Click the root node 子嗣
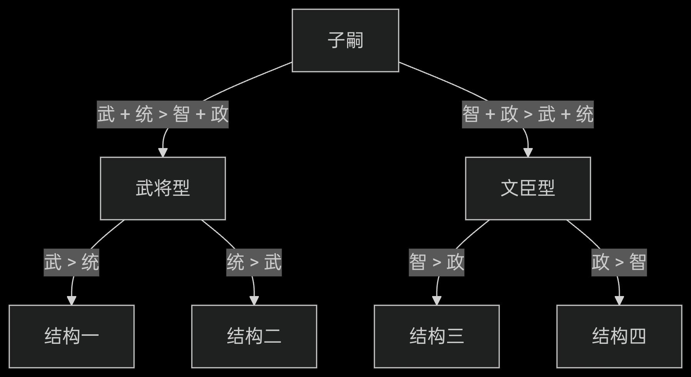(345, 40)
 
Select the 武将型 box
(163, 188)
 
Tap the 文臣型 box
(528, 188)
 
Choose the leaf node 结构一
(72, 337)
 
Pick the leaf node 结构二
(254, 337)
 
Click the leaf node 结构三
(437, 337)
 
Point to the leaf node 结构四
(619, 337)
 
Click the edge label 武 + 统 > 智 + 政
(163, 114)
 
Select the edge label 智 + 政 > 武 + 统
(528, 114)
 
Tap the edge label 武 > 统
(72, 263)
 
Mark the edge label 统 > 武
(254, 263)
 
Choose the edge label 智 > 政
(437, 263)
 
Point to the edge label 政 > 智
(619, 263)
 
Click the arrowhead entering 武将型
(163, 152)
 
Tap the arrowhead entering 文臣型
(528, 152)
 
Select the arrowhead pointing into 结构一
(72, 300)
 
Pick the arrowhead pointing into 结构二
(254, 300)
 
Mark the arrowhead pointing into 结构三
(437, 300)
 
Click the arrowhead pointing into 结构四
(619, 300)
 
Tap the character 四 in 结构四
(637, 336)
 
